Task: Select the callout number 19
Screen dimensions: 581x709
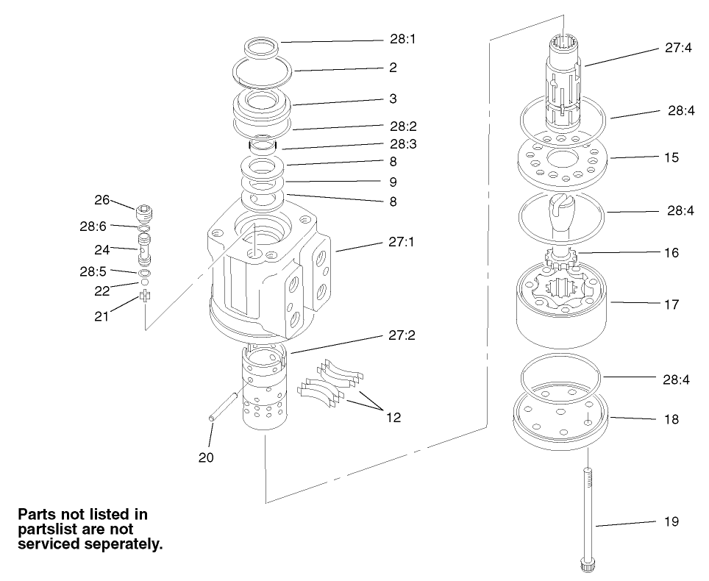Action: pyautogui.click(x=671, y=521)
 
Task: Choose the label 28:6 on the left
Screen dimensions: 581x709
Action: pyautogui.click(x=94, y=227)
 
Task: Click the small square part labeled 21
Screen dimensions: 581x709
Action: pyautogui.click(x=146, y=296)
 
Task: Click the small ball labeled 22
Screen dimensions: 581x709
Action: pyautogui.click(x=146, y=282)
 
